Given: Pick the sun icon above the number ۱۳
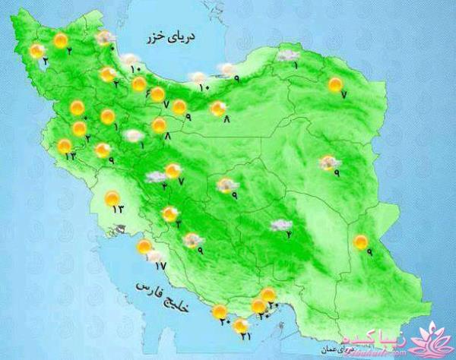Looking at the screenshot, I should (x=112, y=198).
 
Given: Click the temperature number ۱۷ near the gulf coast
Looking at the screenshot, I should (x=159, y=265).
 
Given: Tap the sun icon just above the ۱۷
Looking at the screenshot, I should (x=144, y=247).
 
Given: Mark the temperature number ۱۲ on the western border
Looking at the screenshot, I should (x=71, y=156).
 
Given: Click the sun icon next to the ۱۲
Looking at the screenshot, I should (x=65, y=146).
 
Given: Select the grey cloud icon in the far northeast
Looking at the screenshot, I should (x=287, y=55).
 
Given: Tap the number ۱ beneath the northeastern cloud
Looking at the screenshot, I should (x=296, y=65).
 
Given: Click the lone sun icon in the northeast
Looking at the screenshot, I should (x=334, y=85).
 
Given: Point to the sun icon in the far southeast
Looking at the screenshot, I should (x=360, y=242).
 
